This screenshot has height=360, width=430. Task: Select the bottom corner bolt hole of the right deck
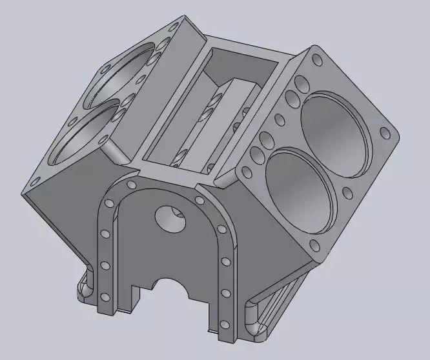point(314,246)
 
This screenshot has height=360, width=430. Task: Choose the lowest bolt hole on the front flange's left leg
point(103,297)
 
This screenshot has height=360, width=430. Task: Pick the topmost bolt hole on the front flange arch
point(132,186)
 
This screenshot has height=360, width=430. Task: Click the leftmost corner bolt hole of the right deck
point(245,170)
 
